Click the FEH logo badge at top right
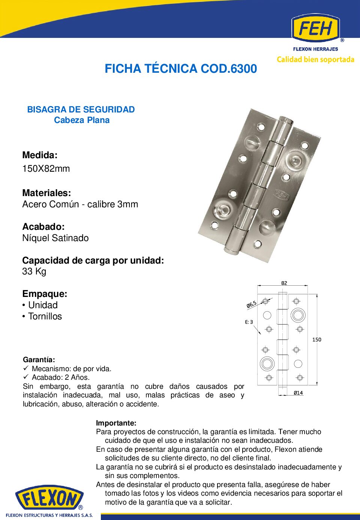315,28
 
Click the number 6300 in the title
244,69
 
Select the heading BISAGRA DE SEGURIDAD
81,109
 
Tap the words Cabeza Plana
82,120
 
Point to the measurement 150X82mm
46,169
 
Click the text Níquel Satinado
55,238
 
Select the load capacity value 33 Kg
34,271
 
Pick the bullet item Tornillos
45,316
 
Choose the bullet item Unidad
43,305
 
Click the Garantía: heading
39,360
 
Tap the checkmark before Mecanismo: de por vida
26,369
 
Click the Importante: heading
116,423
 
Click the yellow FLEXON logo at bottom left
49,498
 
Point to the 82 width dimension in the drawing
284,283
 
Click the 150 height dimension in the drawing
317,340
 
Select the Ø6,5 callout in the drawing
252,304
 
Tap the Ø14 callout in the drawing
298,393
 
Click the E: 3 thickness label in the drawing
249,322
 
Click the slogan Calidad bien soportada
315,60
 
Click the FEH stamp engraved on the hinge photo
281,195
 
